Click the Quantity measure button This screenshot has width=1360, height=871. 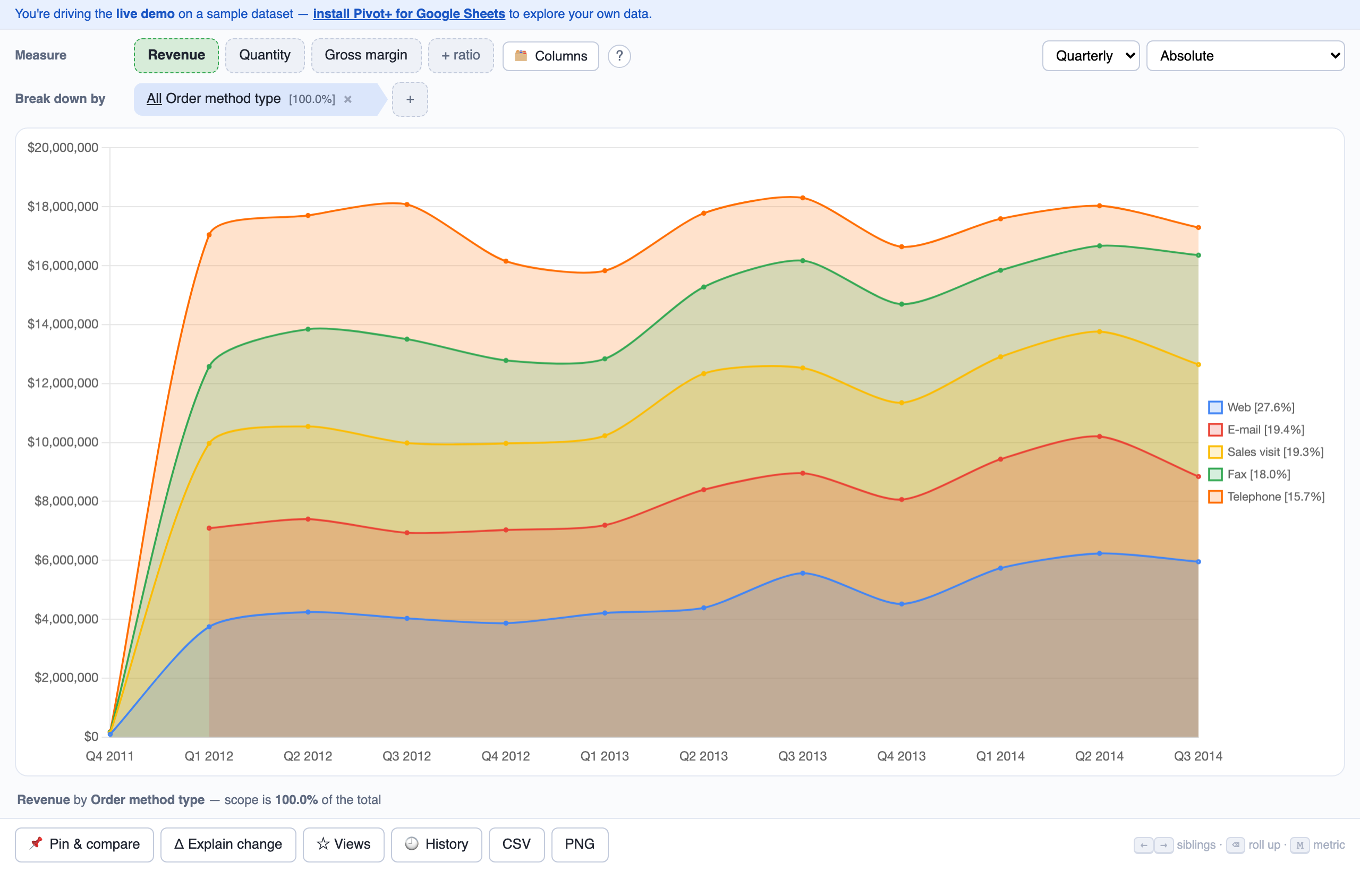click(x=265, y=55)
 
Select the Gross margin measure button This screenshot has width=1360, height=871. click(x=366, y=55)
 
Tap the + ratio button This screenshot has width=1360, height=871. click(x=461, y=55)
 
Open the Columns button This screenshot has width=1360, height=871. click(x=550, y=56)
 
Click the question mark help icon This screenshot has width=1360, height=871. click(x=619, y=56)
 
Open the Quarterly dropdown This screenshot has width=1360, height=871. click(x=1091, y=56)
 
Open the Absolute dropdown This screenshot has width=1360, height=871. click(x=1245, y=56)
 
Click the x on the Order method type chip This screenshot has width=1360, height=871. click(x=348, y=99)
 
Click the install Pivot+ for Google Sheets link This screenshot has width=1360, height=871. click(x=409, y=14)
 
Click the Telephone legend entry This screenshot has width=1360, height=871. click(x=1266, y=497)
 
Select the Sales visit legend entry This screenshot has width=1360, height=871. click(x=1266, y=452)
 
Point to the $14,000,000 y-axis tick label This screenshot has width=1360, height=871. click(x=63, y=324)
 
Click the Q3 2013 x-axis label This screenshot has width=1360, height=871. click(x=802, y=756)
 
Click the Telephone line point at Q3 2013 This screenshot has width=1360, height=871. click(x=803, y=198)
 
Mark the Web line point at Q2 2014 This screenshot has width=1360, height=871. click(x=1099, y=554)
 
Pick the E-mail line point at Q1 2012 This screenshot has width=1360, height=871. click(x=209, y=528)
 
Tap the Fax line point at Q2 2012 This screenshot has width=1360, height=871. click(x=308, y=329)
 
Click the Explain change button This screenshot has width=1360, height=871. click(x=228, y=844)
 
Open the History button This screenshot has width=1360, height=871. click(x=437, y=844)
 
